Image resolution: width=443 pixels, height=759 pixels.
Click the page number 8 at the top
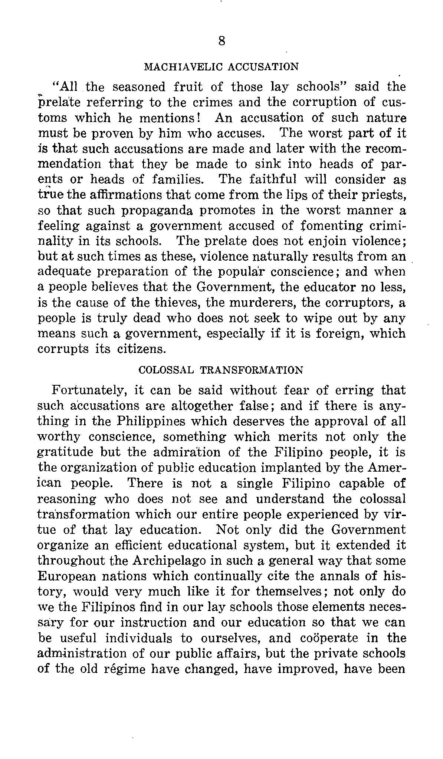click(221, 41)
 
